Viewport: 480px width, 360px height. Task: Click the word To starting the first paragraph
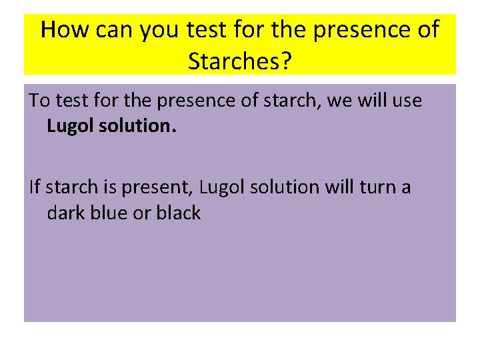[x=39, y=101]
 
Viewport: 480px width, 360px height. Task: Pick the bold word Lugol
[x=72, y=127]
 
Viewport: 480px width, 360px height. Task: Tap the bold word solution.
[x=139, y=127]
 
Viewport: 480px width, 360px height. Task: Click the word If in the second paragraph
[x=35, y=187]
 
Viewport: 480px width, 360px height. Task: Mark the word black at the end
[x=179, y=213]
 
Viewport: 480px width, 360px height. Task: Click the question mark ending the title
[x=286, y=61]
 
